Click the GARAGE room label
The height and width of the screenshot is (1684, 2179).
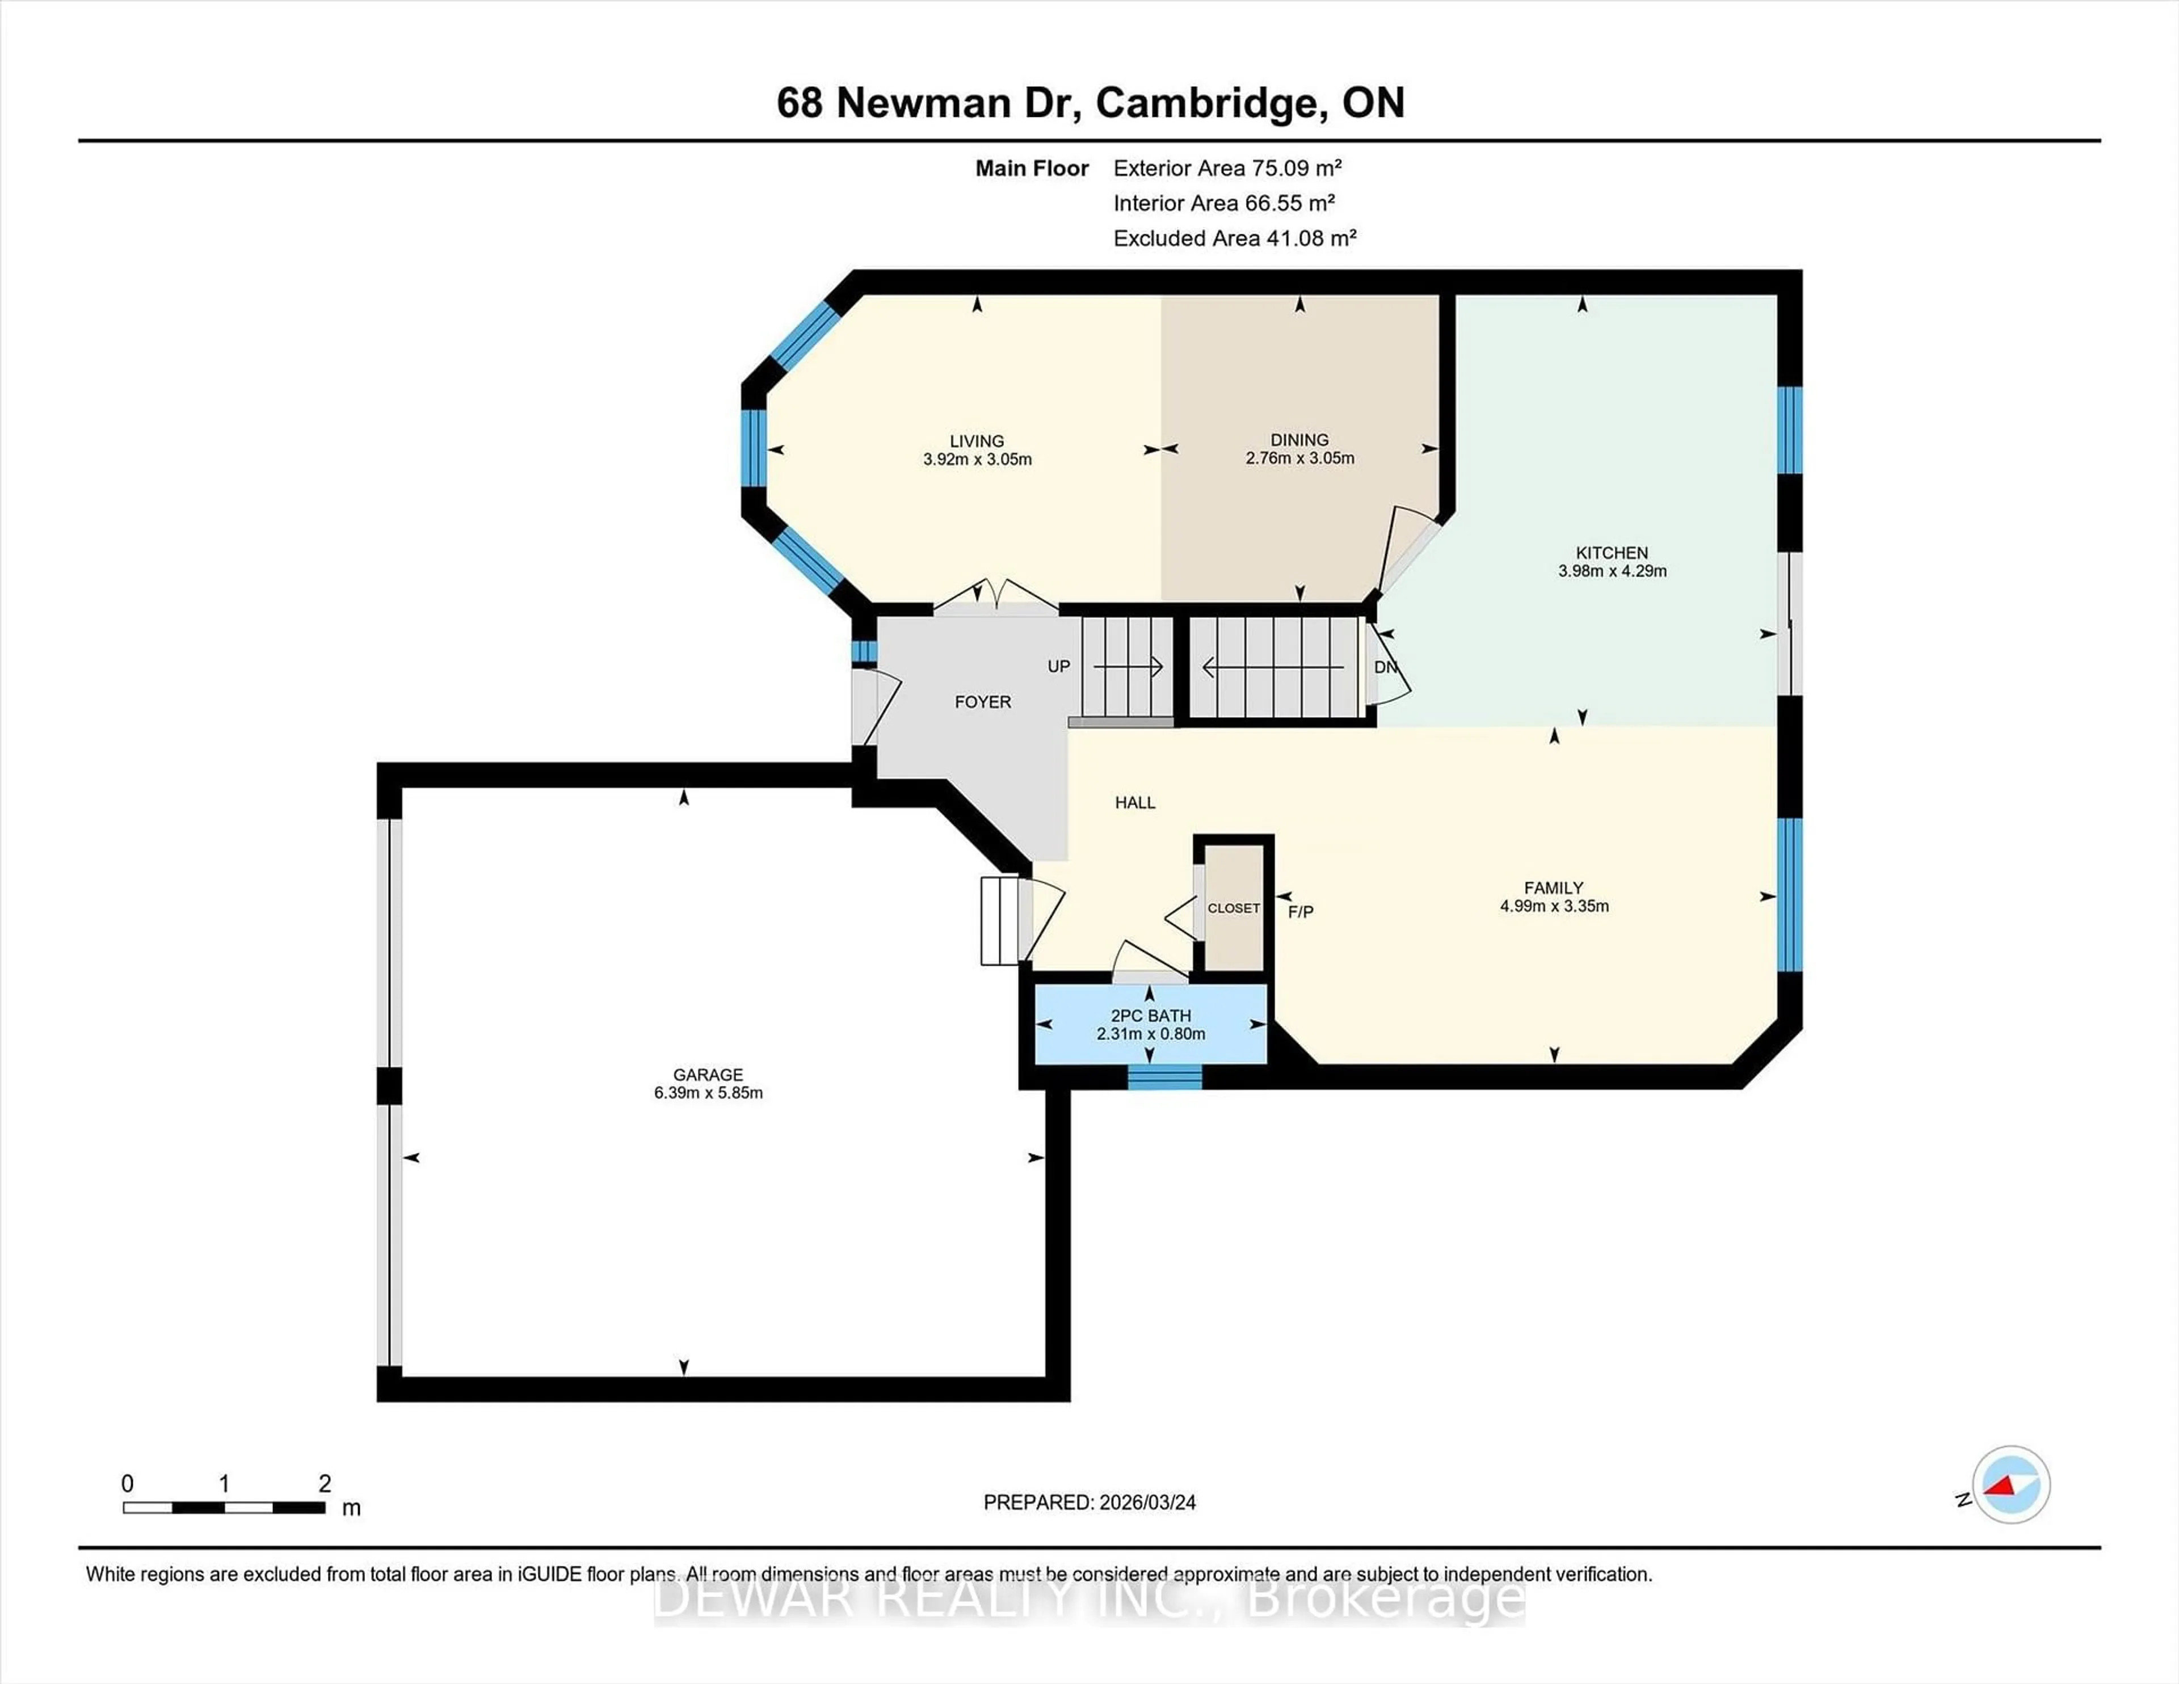[708, 1075]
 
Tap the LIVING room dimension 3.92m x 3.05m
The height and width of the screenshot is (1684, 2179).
[977, 460]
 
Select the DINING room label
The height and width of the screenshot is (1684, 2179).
[1299, 440]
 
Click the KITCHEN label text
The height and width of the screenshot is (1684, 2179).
[1612, 553]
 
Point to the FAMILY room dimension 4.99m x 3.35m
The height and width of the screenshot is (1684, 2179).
[1554, 906]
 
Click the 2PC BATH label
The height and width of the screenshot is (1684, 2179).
[1150, 1016]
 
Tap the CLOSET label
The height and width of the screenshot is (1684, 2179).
[1233, 908]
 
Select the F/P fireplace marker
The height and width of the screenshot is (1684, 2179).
[1300, 912]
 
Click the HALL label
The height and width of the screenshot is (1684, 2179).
[1134, 802]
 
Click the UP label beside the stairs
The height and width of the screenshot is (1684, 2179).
[1058, 667]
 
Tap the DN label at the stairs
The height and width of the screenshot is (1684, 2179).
[1385, 667]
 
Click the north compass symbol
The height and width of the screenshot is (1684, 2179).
[2010, 1484]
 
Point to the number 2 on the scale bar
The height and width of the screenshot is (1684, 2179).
[324, 1484]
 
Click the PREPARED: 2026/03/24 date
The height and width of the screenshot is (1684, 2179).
[1089, 1502]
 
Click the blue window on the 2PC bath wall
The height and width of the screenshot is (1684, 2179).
[1164, 1076]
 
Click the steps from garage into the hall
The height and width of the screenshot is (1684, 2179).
[1001, 921]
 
